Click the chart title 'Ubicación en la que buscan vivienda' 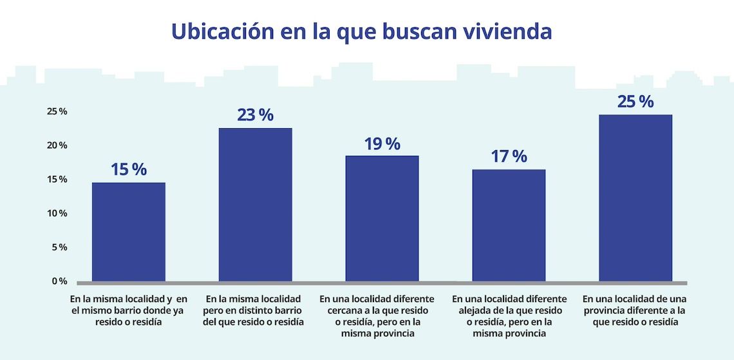[x=361, y=31]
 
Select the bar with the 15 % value [x=129, y=232]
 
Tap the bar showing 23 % [x=255, y=205]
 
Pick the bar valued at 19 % [x=382, y=218]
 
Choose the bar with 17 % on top [x=509, y=225]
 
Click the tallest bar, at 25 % [x=635, y=198]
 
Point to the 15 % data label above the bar [x=129, y=169]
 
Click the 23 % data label [x=255, y=115]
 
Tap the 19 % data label [x=382, y=143]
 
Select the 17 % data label [x=509, y=156]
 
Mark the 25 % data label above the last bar [x=635, y=101]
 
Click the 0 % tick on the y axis [x=59, y=281]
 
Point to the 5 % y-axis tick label [x=59, y=247]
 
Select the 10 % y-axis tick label [x=57, y=213]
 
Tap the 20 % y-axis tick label [x=57, y=145]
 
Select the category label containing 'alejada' [x=509, y=316]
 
